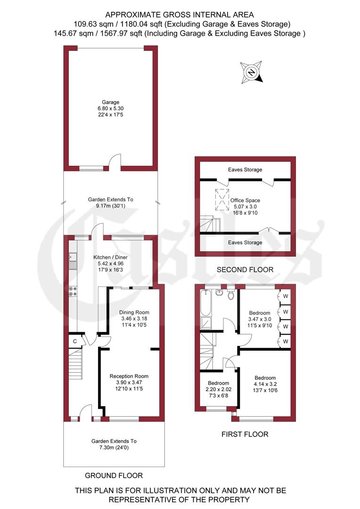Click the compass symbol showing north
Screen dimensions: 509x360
pos(252,72)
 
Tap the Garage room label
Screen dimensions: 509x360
pos(111,108)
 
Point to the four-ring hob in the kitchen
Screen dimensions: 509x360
pos(73,291)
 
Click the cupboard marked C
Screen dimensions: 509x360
pos(74,341)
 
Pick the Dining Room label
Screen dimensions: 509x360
pos(134,319)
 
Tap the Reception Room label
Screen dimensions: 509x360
pos(129,382)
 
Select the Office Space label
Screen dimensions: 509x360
pos(245,206)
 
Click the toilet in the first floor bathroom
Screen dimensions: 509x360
pos(231,296)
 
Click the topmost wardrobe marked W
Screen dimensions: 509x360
pos(286,296)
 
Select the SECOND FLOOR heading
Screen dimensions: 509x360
pos(245,270)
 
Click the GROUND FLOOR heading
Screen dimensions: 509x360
pos(114,475)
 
